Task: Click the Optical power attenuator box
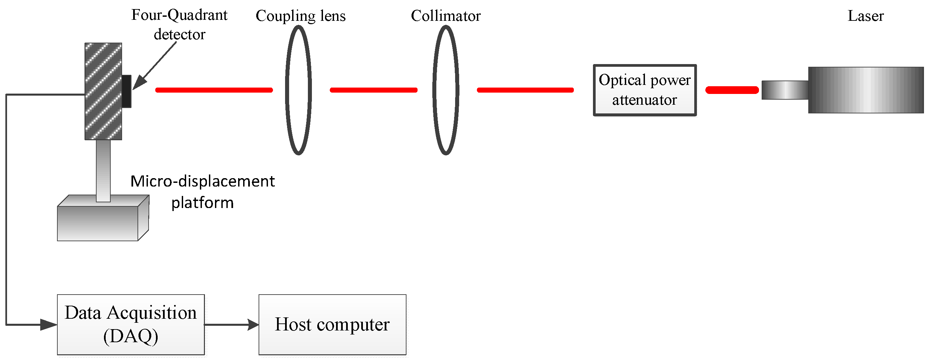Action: (645, 90)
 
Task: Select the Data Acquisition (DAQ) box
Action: (130, 324)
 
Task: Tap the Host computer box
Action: (332, 324)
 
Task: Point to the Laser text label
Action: (866, 16)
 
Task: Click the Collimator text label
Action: (445, 16)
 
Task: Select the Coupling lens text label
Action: (301, 16)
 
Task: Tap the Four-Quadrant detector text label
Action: (179, 24)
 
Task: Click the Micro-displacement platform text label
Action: (202, 192)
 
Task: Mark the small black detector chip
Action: (127, 91)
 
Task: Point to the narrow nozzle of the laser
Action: (784, 90)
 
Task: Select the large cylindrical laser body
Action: (866, 90)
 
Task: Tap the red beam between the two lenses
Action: (374, 90)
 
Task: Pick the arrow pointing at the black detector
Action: (155, 66)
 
